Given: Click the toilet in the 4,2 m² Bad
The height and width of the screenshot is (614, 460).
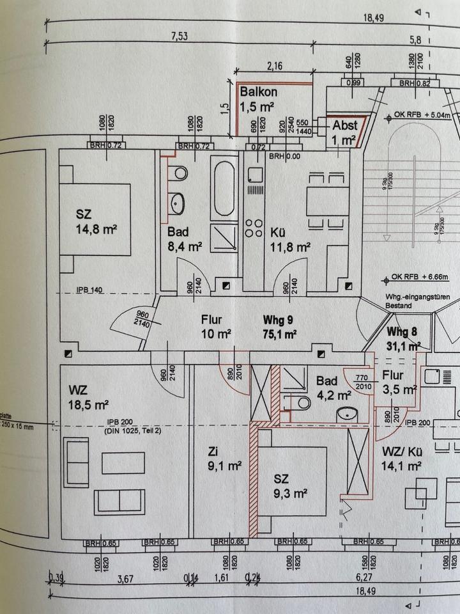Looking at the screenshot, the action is [299, 402].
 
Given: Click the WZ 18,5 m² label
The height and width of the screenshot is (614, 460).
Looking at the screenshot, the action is [88, 397].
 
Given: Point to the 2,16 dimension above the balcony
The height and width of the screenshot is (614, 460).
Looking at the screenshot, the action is [275, 66].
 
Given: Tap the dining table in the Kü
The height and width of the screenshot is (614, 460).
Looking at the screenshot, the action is [326, 200].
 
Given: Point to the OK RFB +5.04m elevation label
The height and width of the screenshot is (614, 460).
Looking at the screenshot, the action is [422, 115].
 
